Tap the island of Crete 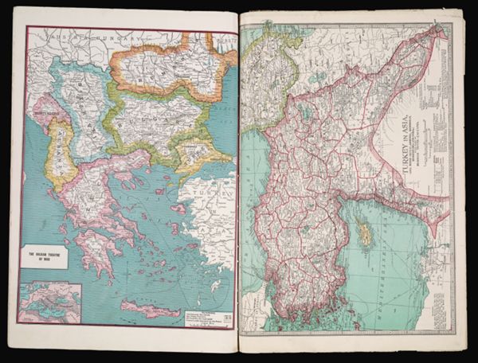[x=151, y=310]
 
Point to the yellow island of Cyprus [x=365, y=233]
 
